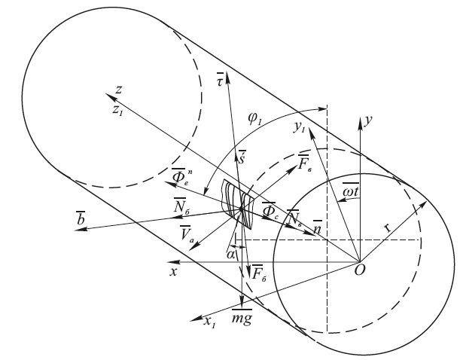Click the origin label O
click(360, 270)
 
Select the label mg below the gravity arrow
click(242, 318)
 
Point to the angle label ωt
click(351, 191)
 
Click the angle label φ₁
click(255, 118)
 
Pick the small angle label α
click(230, 255)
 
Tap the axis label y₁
click(299, 128)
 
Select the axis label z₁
click(117, 110)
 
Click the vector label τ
click(221, 79)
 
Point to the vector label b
click(81, 219)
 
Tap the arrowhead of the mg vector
click(242, 303)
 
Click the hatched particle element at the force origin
click(238, 204)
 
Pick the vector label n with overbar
click(318, 227)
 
